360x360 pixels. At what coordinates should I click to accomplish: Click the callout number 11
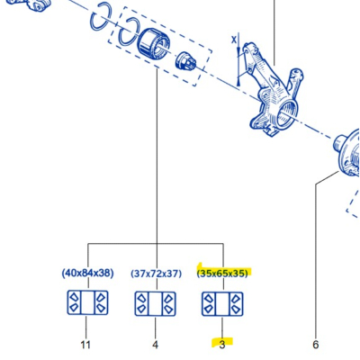pyautogui.click(x=85, y=345)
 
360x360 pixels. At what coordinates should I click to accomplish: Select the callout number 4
pyautogui.click(x=155, y=345)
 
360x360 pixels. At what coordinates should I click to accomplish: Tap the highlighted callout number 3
pyautogui.click(x=222, y=345)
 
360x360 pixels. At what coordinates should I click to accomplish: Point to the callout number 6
pyautogui.click(x=316, y=345)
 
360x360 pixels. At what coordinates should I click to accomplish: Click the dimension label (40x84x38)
pyautogui.click(x=87, y=274)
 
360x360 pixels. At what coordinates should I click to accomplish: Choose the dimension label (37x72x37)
pyautogui.click(x=157, y=274)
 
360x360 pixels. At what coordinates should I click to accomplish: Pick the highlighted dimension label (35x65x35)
pyautogui.click(x=222, y=274)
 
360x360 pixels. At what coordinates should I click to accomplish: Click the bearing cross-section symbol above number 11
pyautogui.click(x=87, y=302)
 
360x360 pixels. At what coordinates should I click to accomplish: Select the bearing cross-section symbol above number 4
pyautogui.click(x=156, y=303)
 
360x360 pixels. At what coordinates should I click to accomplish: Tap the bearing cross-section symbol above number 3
pyautogui.click(x=222, y=304)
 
